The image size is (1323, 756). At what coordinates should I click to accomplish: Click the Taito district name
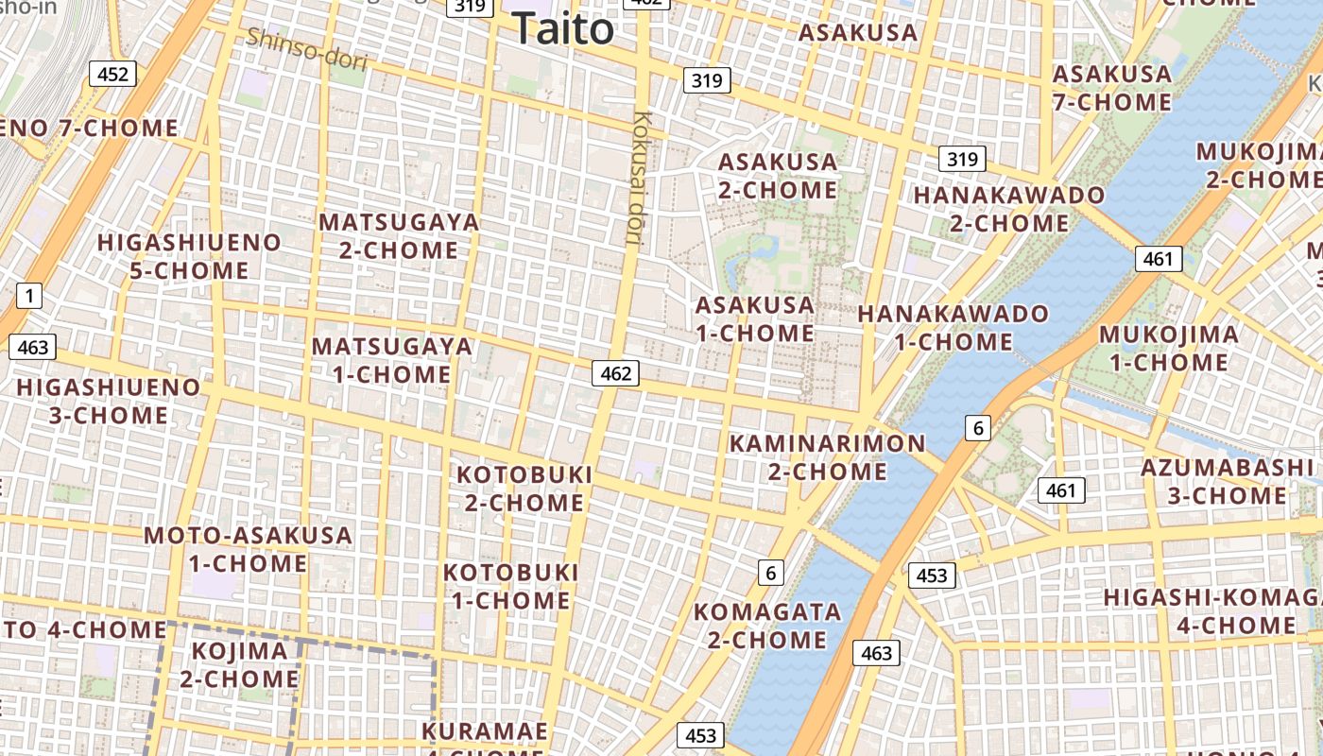tap(563, 28)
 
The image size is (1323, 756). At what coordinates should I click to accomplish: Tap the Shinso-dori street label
tap(305, 50)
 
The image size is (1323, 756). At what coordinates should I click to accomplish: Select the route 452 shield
tap(112, 74)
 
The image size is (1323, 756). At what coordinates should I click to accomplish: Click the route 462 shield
tap(615, 373)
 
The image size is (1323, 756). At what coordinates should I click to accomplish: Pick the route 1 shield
tap(29, 296)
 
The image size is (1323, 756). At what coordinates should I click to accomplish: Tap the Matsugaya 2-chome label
tap(399, 236)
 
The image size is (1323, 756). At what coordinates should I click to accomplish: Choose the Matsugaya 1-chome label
tap(392, 360)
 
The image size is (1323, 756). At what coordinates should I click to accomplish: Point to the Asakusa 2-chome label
tap(778, 176)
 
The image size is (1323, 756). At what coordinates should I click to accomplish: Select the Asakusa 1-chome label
tap(755, 318)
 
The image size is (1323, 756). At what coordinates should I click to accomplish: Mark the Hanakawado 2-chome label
tap(1009, 210)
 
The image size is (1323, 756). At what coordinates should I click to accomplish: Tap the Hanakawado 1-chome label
tap(954, 327)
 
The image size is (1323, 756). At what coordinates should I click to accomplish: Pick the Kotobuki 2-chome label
tap(524, 488)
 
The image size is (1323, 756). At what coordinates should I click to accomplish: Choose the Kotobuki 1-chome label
tap(511, 586)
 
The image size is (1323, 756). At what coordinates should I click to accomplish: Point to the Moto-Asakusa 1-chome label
tap(248, 549)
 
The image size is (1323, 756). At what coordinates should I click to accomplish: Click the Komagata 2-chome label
tap(767, 626)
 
